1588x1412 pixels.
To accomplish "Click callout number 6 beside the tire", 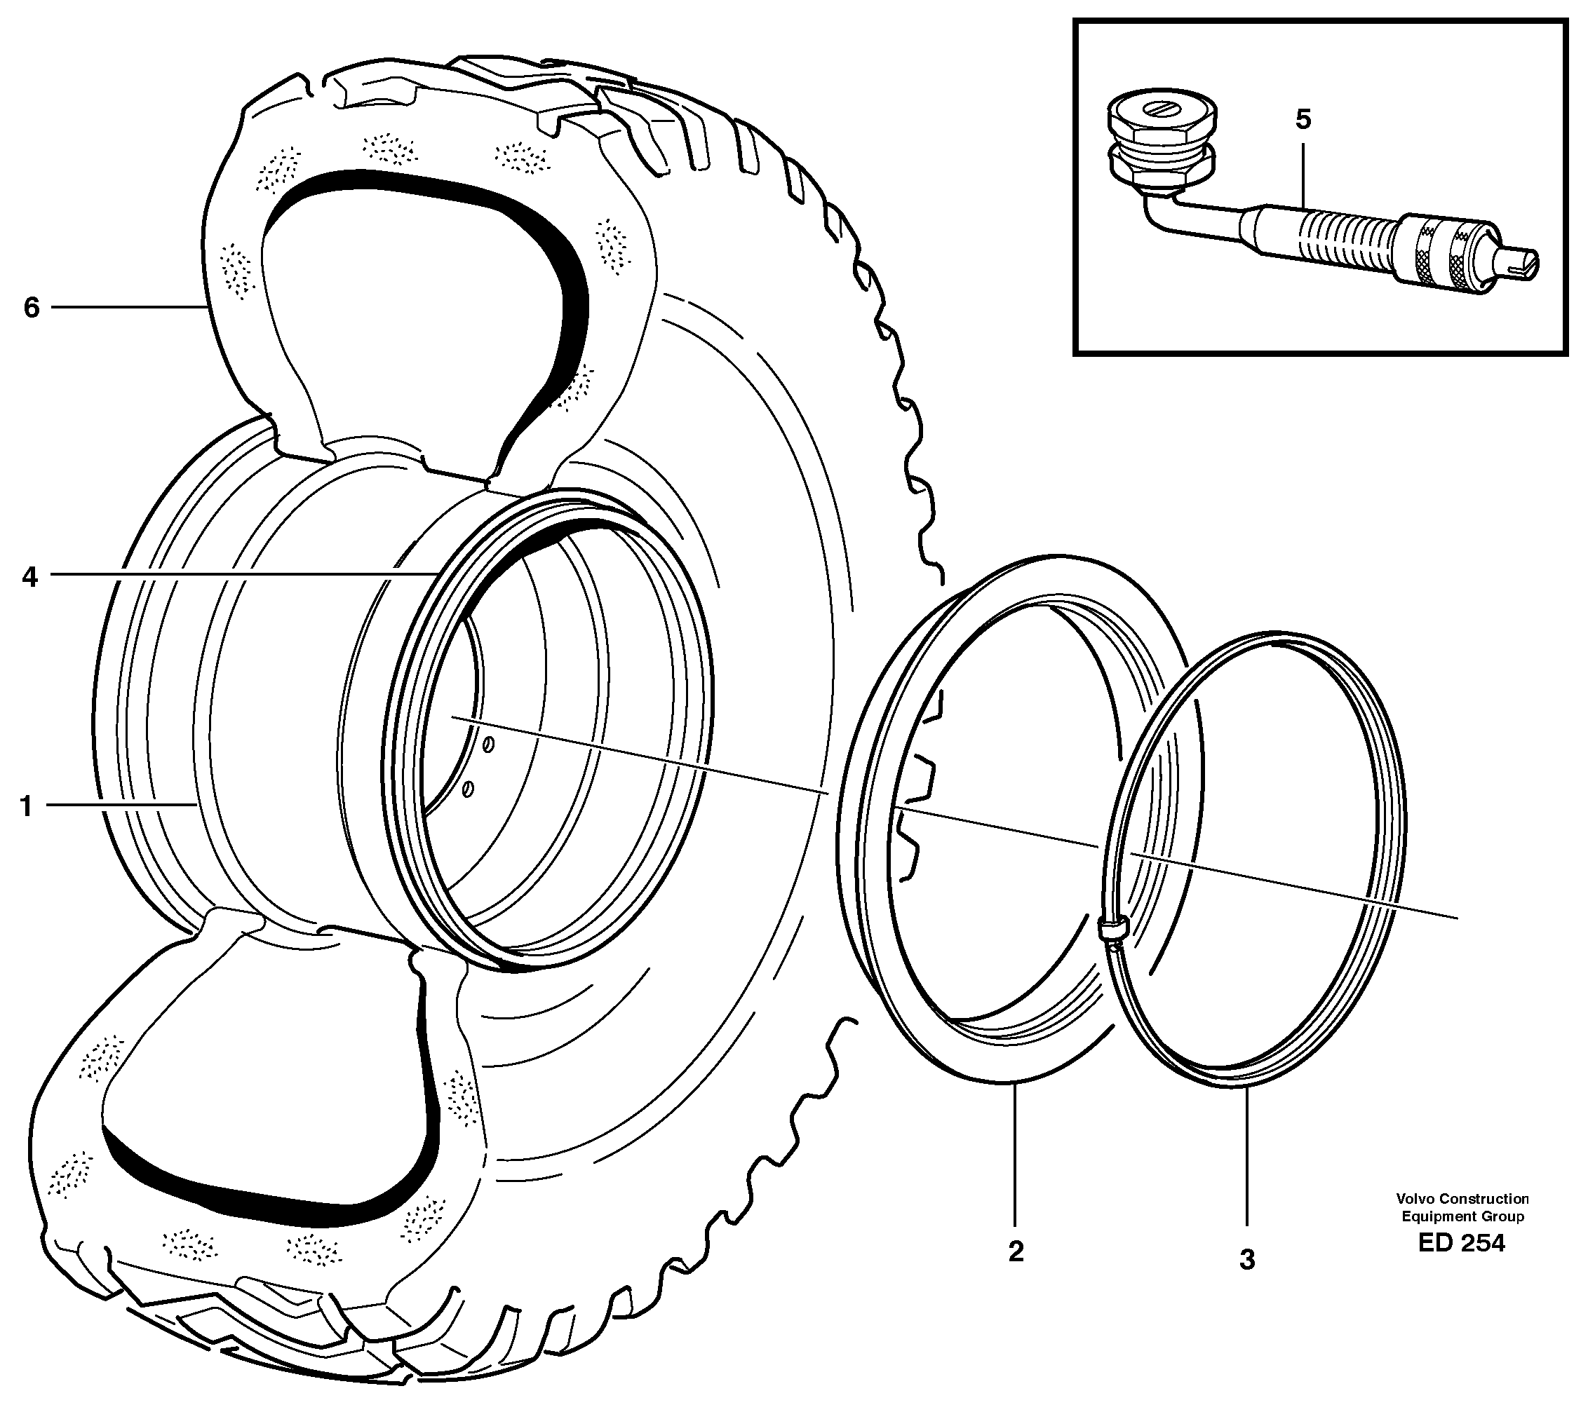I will point(31,308).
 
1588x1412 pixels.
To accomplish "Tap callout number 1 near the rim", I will point(27,807).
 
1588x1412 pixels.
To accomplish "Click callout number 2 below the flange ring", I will point(1016,1251).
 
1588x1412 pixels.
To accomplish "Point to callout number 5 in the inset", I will point(1303,120).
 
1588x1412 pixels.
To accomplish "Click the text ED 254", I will point(1460,1242).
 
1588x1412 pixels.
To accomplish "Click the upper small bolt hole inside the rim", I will point(488,745).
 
